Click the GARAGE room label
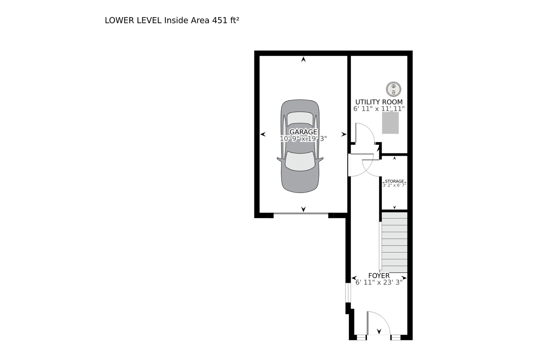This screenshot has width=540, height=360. pyautogui.click(x=303, y=132)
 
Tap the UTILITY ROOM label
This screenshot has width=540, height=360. pyautogui.click(x=379, y=102)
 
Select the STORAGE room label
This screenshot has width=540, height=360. pyautogui.click(x=394, y=181)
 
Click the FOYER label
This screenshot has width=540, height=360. pyautogui.click(x=379, y=275)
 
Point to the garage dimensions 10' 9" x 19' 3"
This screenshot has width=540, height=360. pyautogui.click(x=303, y=139)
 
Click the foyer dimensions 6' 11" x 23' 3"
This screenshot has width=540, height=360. pyautogui.click(x=379, y=283)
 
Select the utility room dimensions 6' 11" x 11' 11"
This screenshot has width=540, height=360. pyautogui.click(x=379, y=109)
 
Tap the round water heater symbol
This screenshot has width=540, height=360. pyautogui.click(x=393, y=89)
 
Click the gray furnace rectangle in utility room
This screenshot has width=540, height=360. pyautogui.click(x=390, y=123)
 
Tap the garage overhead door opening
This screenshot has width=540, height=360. pyautogui.click(x=301, y=214)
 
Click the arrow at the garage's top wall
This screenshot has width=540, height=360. pyautogui.click(x=303, y=59)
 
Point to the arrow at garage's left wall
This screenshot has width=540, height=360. pyautogui.click(x=263, y=134)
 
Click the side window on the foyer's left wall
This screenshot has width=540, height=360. pyautogui.click(x=348, y=293)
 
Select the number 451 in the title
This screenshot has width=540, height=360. pyautogui.click(x=219, y=20)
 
